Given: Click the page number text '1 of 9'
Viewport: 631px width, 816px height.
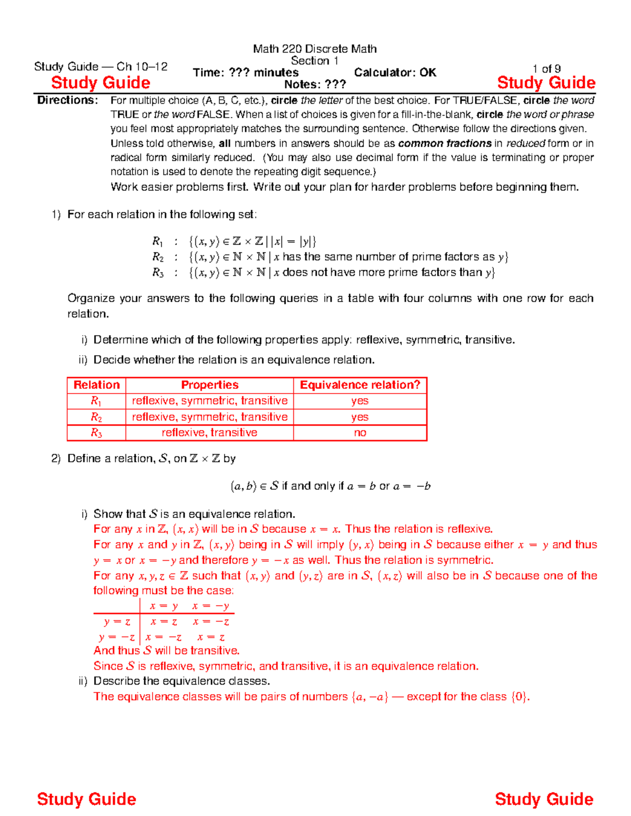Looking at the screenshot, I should (546, 69).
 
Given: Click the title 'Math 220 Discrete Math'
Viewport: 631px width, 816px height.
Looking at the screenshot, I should (314, 49).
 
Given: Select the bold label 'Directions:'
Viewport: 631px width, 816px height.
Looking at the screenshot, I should (67, 100).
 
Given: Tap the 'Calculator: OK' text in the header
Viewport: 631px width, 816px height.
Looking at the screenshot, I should (395, 73).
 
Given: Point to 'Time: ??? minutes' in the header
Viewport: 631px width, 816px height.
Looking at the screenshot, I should (246, 73).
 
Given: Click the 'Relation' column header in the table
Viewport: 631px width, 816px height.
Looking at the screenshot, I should (97, 385).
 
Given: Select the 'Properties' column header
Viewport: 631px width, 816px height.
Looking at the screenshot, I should (210, 385).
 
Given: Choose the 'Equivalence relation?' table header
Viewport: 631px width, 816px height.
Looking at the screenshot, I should (360, 385).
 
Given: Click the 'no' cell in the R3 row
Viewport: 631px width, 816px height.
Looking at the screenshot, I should (360, 432).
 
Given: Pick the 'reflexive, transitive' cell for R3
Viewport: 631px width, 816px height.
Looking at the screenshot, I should (210, 432).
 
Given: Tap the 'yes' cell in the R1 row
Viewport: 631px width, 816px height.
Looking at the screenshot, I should (360, 401).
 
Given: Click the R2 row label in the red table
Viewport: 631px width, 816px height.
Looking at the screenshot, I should (97, 417).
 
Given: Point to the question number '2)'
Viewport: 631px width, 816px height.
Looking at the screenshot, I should (56, 459).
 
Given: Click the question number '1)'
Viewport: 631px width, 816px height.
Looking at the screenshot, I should (56, 214).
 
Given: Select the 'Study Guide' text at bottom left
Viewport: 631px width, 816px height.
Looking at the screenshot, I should (87, 799).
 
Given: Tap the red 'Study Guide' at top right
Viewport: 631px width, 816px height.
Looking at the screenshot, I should (546, 83).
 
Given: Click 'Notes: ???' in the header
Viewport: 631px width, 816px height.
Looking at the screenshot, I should (315, 85).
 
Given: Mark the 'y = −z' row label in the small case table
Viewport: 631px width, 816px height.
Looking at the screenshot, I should (117, 637).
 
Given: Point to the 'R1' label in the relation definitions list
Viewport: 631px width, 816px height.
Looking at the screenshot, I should (158, 242).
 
